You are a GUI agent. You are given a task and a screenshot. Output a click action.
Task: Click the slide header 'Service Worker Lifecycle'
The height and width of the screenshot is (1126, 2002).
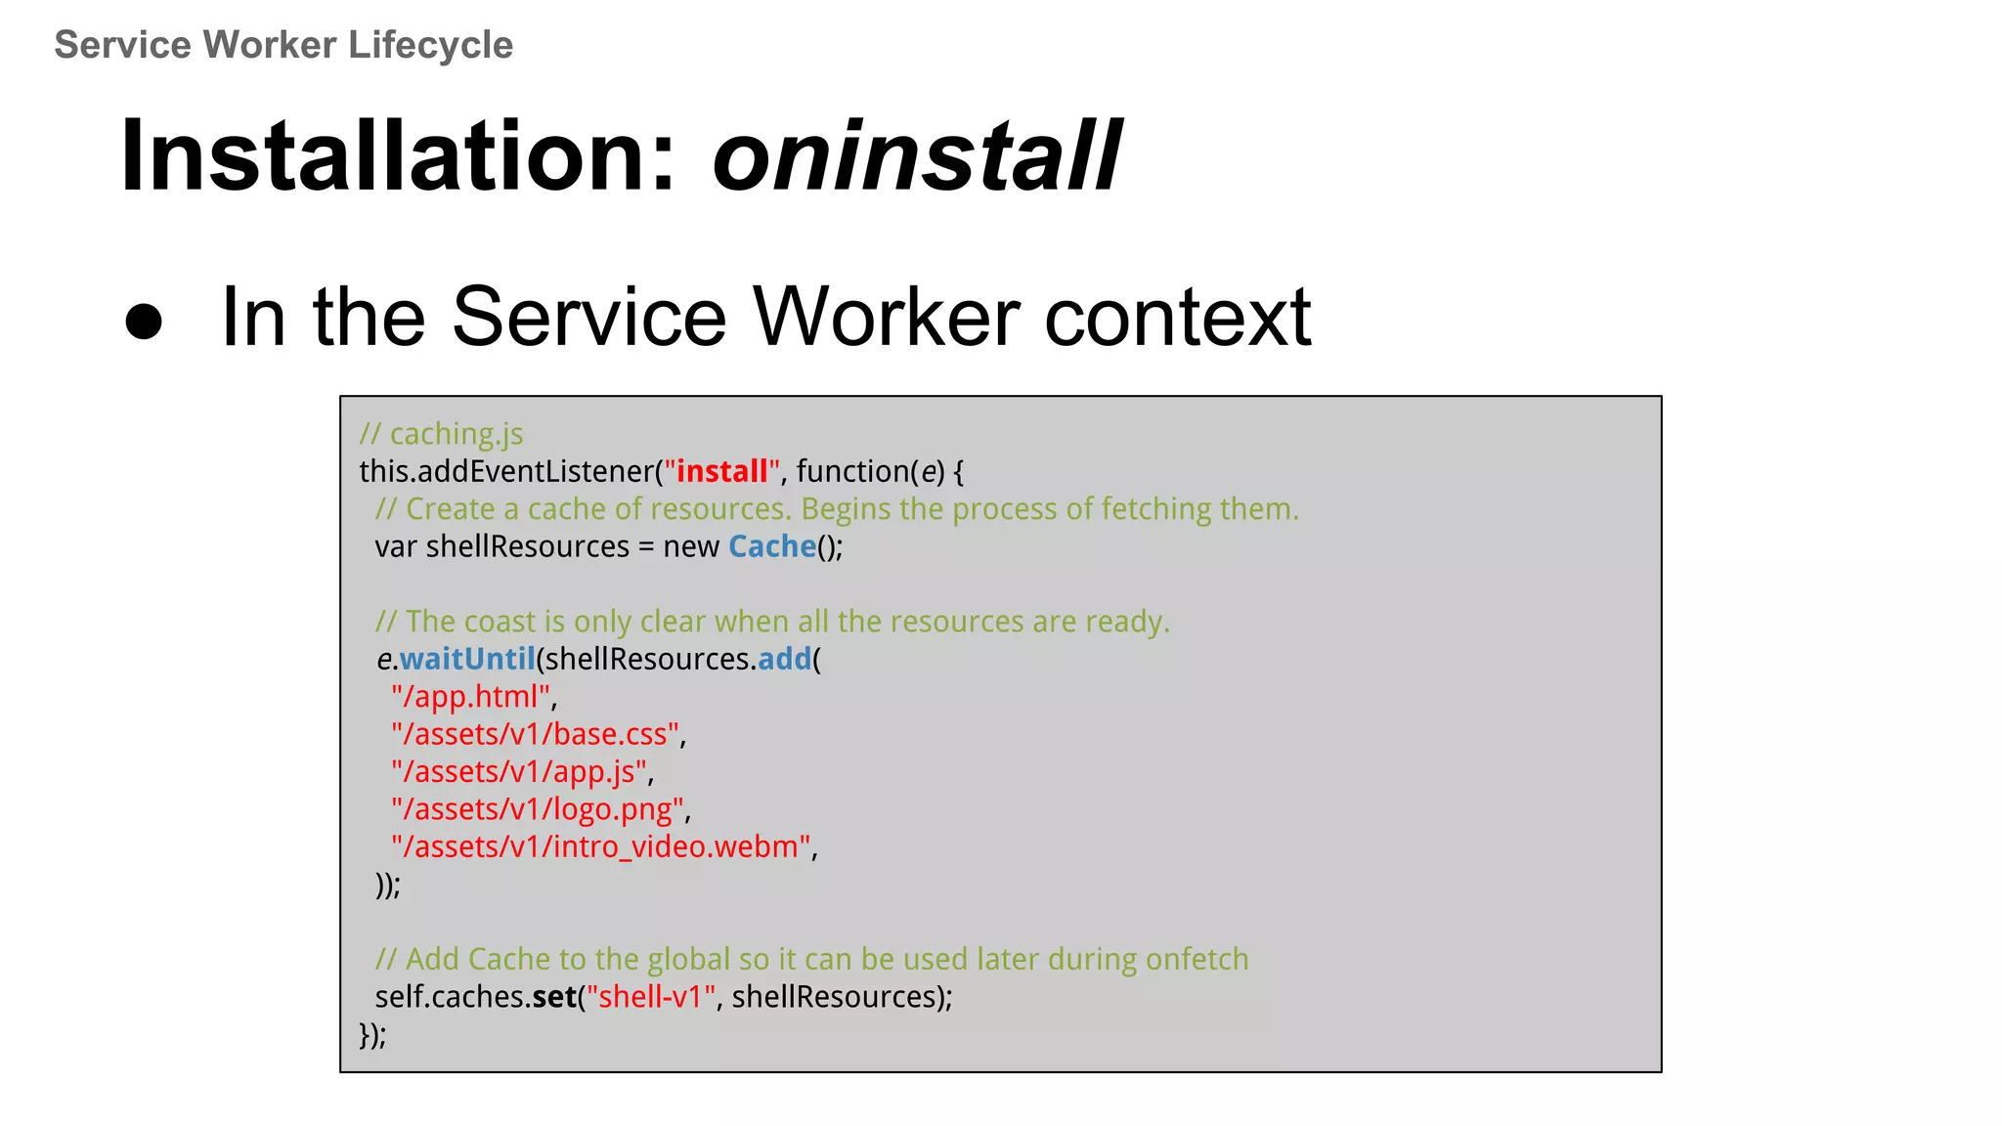point(283,45)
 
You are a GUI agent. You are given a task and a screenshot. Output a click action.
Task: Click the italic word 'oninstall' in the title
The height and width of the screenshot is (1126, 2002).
point(916,156)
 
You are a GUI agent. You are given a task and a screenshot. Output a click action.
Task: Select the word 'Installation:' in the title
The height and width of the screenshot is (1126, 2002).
point(398,156)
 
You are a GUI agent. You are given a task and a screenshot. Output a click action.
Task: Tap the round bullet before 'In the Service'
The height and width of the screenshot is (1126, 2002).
point(144,321)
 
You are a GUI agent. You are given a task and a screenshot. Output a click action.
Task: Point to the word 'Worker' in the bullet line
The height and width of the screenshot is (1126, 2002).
point(885,317)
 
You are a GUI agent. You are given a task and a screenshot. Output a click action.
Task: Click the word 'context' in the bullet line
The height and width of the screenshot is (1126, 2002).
point(1177,317)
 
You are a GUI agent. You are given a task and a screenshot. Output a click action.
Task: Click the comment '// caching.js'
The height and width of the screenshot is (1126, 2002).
point(441,434)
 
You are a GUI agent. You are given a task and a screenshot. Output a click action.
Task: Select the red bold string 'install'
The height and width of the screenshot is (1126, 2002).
point(721,472)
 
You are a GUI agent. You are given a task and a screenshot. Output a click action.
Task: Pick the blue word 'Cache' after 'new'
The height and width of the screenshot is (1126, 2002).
point(772,546)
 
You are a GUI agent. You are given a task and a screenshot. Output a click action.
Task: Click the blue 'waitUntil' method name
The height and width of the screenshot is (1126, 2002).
point(467,660)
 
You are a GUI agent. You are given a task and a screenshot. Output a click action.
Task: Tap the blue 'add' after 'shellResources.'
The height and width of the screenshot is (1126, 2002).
point(784,660)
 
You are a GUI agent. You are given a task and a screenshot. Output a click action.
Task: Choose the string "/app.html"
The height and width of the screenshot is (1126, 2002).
point(471,697)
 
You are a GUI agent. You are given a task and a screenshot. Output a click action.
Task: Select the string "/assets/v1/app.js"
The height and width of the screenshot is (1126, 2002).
point(519,772)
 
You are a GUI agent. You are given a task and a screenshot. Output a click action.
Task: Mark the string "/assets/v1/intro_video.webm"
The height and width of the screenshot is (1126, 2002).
point(601,846)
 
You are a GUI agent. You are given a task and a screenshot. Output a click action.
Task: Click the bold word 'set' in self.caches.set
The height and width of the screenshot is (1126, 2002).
point(554,997)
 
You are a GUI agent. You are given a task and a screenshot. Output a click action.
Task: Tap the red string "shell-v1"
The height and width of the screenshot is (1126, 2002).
point(651,997)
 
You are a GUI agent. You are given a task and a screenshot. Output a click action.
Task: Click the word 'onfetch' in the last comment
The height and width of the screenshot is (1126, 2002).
point(1197,960)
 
